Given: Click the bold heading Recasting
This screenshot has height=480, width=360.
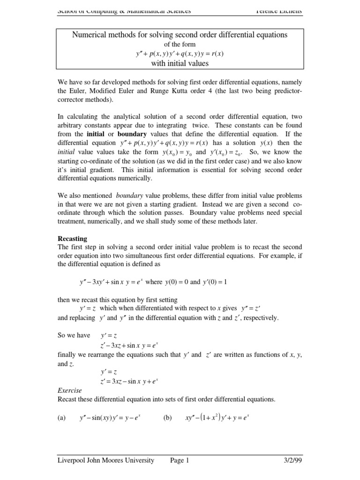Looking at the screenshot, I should (73, 238).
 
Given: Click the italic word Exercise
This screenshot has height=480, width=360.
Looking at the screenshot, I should (69, 390).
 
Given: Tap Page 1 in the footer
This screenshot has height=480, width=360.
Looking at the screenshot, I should (180, 460).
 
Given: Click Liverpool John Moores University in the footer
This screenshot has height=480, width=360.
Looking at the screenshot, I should (105, 460).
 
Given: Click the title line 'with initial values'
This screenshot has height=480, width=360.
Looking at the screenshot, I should (180, 63).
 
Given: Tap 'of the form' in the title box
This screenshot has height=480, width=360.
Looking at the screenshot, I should (180, 45).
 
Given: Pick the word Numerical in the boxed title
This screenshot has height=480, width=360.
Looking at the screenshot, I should (90, 35).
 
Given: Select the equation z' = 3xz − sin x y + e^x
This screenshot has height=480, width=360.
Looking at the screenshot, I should (129, 381).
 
